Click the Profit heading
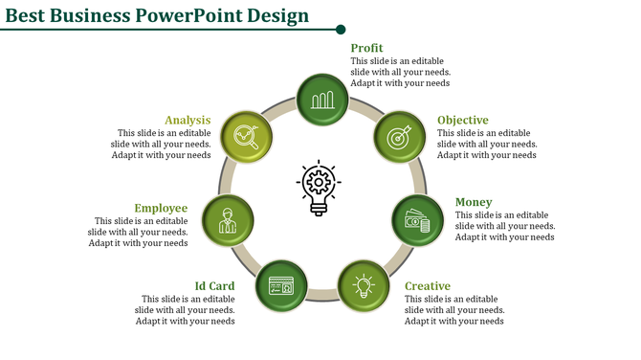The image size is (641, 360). pos(366,48)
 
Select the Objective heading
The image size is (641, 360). pos(462,121)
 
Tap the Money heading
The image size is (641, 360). pos(474,202)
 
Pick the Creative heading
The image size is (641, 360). pos(427,286)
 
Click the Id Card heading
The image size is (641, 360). pos(214,286)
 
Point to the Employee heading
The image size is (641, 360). pos(161,208)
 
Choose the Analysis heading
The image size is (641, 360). pos(187,121)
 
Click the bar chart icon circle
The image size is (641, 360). pos(322,99)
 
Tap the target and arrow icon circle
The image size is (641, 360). pos(398,137)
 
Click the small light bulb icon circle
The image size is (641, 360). pos(364,285)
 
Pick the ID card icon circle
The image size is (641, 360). pos(281,285)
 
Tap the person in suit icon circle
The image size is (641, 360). pos(228,221)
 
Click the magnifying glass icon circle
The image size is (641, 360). pos(247,137)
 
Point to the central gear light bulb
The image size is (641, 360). pos(319,187)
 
